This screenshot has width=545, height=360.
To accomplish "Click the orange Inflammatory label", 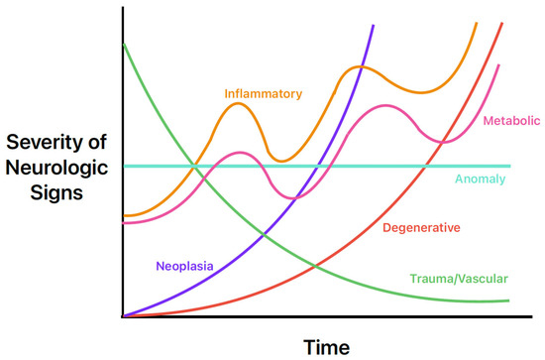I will [263, 94].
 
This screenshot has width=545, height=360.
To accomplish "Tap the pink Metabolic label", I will [510, 121].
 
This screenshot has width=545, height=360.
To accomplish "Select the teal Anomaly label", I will [481, 180].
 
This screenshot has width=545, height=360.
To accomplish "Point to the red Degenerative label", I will [421, 228].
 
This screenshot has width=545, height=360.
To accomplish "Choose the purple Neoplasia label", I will [185, 265].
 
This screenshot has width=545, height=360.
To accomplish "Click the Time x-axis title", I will [327, 345].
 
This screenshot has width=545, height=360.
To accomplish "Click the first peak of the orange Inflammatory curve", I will [239, 103].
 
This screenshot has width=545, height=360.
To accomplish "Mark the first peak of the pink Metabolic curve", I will [238, 153].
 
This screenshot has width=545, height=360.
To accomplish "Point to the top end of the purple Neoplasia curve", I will [374, 24].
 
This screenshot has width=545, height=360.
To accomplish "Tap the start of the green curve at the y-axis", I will [122, 43].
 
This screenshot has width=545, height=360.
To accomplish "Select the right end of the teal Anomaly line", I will [509, 166].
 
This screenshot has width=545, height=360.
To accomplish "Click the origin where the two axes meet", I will [122, 316].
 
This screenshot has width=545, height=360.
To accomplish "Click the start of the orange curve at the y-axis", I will [122, 215].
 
